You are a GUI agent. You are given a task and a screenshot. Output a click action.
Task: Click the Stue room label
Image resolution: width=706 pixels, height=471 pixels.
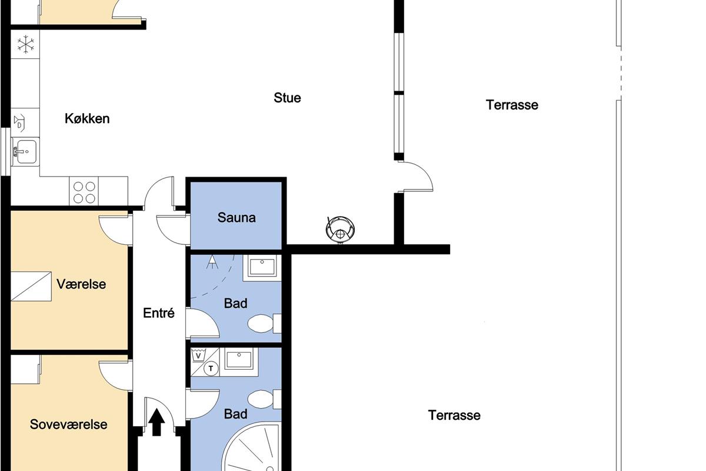point(287,98)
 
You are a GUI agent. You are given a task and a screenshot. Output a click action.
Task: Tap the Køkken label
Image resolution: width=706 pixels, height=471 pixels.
point(87,118)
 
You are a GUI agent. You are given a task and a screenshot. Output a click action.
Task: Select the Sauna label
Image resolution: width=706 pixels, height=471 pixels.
point(237,217)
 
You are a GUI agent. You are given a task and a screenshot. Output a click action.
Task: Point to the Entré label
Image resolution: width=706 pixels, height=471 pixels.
point(158,313)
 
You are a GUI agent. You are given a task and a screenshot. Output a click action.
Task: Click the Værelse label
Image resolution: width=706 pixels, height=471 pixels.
point(81,284)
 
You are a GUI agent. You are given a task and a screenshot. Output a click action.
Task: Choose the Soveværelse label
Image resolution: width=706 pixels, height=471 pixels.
point(68,424)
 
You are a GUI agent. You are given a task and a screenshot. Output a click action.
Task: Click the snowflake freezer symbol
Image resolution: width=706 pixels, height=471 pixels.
point(25,44)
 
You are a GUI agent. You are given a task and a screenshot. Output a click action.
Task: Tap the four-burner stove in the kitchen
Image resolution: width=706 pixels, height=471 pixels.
point(84,191)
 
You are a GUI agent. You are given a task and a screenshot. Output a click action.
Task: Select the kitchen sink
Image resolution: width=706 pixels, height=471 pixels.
point(25,152)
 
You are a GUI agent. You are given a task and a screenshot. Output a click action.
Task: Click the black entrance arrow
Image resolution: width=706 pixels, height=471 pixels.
point(156,422)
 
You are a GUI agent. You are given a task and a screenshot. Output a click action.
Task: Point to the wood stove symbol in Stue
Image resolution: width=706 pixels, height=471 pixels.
point(340,230)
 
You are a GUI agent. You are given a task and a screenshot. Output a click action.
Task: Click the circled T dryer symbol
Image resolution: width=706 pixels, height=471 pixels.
point(211,369)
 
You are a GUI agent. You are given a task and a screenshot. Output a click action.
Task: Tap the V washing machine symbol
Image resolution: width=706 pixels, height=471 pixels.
point(198,356)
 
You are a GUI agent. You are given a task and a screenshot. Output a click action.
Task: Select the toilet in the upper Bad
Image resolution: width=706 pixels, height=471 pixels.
point(264,323)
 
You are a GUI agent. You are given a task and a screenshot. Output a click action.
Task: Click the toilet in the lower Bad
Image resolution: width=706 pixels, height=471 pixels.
point(264,399)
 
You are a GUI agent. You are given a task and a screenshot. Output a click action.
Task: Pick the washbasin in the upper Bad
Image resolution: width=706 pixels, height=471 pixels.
point(262,268)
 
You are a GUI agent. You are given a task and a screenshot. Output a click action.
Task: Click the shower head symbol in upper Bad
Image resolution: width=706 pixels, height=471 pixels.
point(212,262)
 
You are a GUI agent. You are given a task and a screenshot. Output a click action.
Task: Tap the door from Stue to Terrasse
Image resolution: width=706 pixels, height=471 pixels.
point(415,177)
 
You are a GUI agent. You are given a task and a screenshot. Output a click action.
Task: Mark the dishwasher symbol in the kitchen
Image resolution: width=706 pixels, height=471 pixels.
point(19,122)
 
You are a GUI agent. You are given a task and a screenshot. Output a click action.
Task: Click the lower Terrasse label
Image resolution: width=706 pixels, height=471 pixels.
point(454,415)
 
